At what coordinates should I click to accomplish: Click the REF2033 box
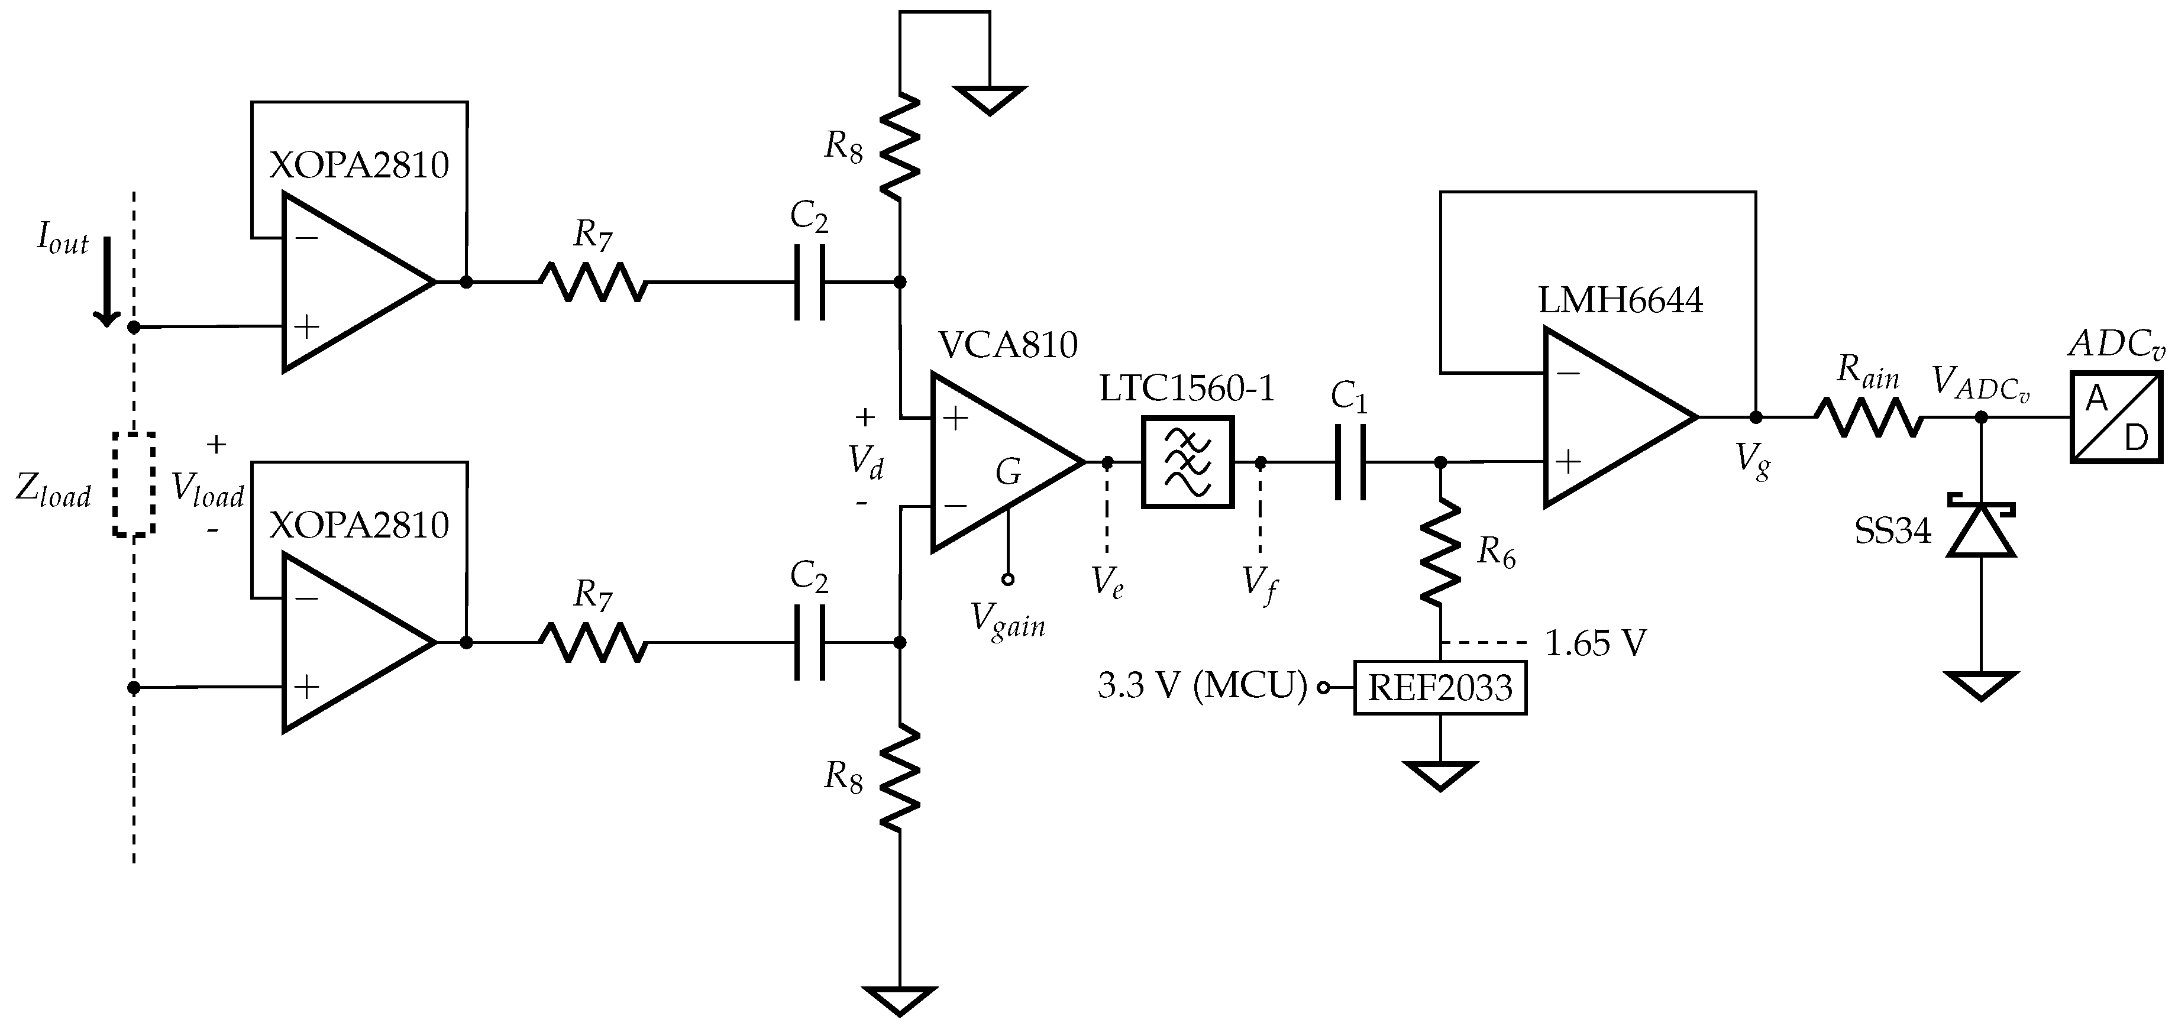click(1440, 688)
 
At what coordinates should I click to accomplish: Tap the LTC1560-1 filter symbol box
click(1187, 462)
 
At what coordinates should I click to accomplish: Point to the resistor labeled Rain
click(1869, 417)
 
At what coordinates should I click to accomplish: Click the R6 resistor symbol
click(1440, 551)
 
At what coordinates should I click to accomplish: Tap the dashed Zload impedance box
click(134, 485)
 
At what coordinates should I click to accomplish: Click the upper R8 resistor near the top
click(899, 145)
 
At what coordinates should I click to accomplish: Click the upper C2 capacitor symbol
click(809, 282)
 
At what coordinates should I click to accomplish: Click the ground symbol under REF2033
click(1440, 774)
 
